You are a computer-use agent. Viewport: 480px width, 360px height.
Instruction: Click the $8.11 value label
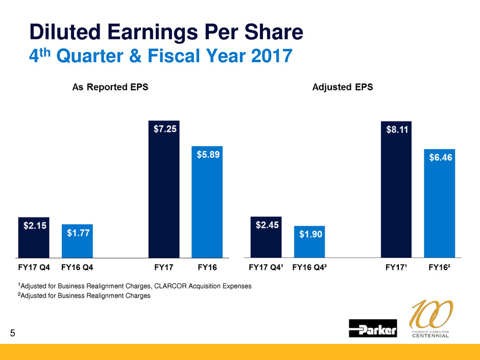coord(397,130)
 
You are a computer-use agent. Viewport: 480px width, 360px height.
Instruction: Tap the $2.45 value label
coord(266,226)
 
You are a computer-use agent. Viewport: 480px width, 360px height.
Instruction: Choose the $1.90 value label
coord(309,234)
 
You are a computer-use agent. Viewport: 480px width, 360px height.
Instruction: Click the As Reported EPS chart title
coord(110,87)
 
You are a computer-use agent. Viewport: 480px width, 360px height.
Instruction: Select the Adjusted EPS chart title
coord(342,87)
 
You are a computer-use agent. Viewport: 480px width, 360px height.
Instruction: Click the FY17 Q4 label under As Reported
coord(34,267)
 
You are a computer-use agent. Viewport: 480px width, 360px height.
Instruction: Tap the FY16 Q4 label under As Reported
coord(77,267)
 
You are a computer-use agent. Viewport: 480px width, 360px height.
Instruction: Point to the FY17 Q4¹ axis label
coord(266,267)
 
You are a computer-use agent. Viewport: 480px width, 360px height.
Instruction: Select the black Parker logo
coord(373,328)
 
